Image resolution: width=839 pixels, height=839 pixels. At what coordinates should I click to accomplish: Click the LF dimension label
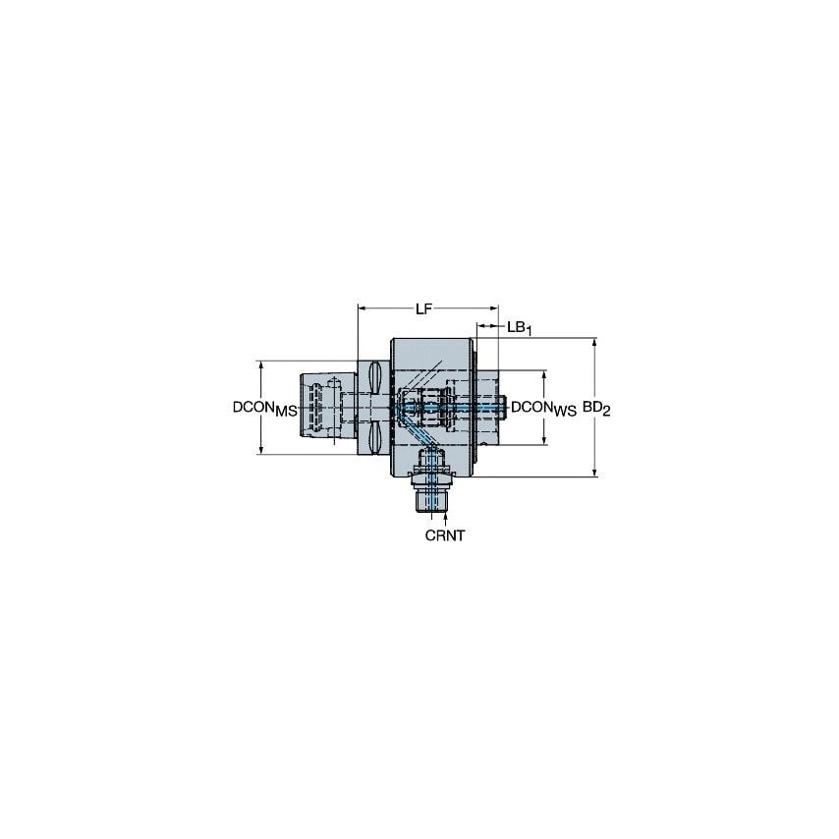pyautogui.click(x=424, y=309)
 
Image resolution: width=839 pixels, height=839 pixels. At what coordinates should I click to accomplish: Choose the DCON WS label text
pyautogui.click(x=543, y=407)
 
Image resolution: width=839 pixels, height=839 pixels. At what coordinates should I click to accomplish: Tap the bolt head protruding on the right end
pyautogui.click(x=504, y=406)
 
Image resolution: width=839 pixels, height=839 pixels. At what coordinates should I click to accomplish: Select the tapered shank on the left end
pyautogui.click(x=318, y=406)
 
